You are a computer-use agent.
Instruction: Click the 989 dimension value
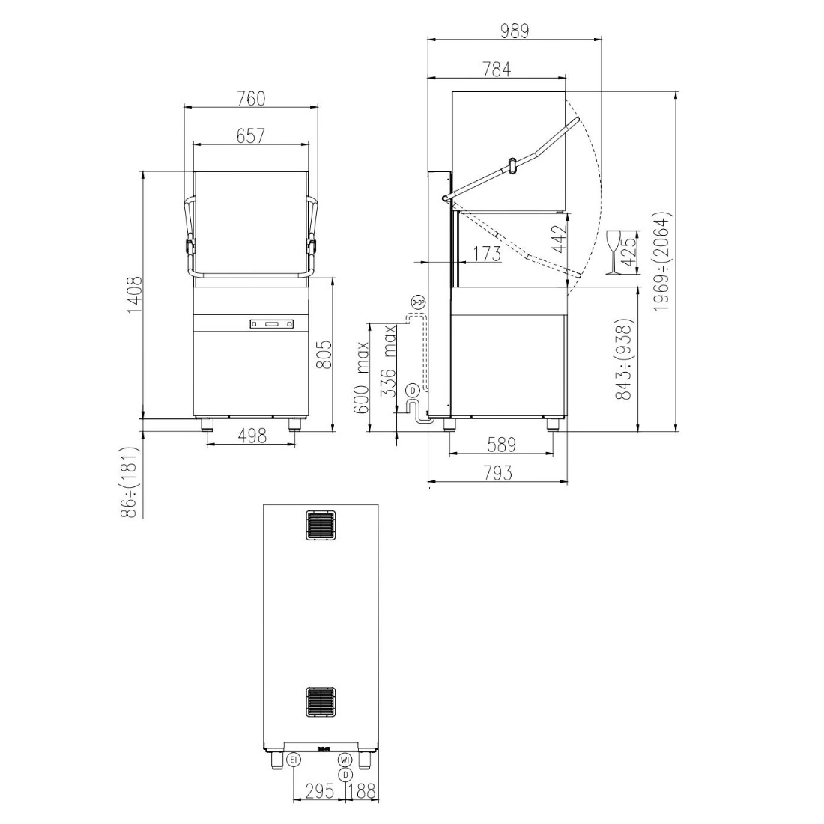click(515, 31)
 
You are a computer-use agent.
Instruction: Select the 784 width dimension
click(497, 70)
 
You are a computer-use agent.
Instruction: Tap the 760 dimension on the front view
click(252, 99)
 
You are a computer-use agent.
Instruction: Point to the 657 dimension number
click(251, 135)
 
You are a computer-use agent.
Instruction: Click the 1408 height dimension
click(134, 296)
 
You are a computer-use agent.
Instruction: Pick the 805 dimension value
click(324, 355)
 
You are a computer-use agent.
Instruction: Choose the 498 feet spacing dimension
click(252, 436)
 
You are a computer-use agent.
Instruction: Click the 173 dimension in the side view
click(486, 254)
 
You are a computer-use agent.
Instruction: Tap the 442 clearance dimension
click(560, 239)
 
